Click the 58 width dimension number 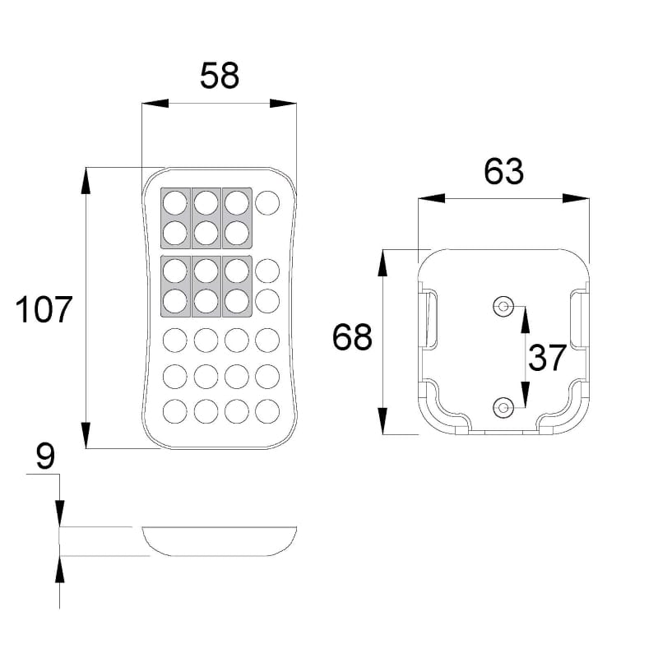pyautogui.click(x=220, y=76)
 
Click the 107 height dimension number pyautogui.click(x=44, y=309)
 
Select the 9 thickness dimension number pyautogui.click(x=45, y=456)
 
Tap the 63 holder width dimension pyautogui.click(x=503, y=171)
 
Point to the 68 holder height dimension pyautogui.click(x=352, y=336)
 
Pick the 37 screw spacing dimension pyautogui.click(x=547, y=358)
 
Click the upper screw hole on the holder pyautogui.click(x=503, y=306)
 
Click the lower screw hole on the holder pyautogui.click(x=503, y=407)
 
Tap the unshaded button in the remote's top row pyautogui.click(x=267, y=202)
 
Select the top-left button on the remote pyautogui.click(x=175, y=202)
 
